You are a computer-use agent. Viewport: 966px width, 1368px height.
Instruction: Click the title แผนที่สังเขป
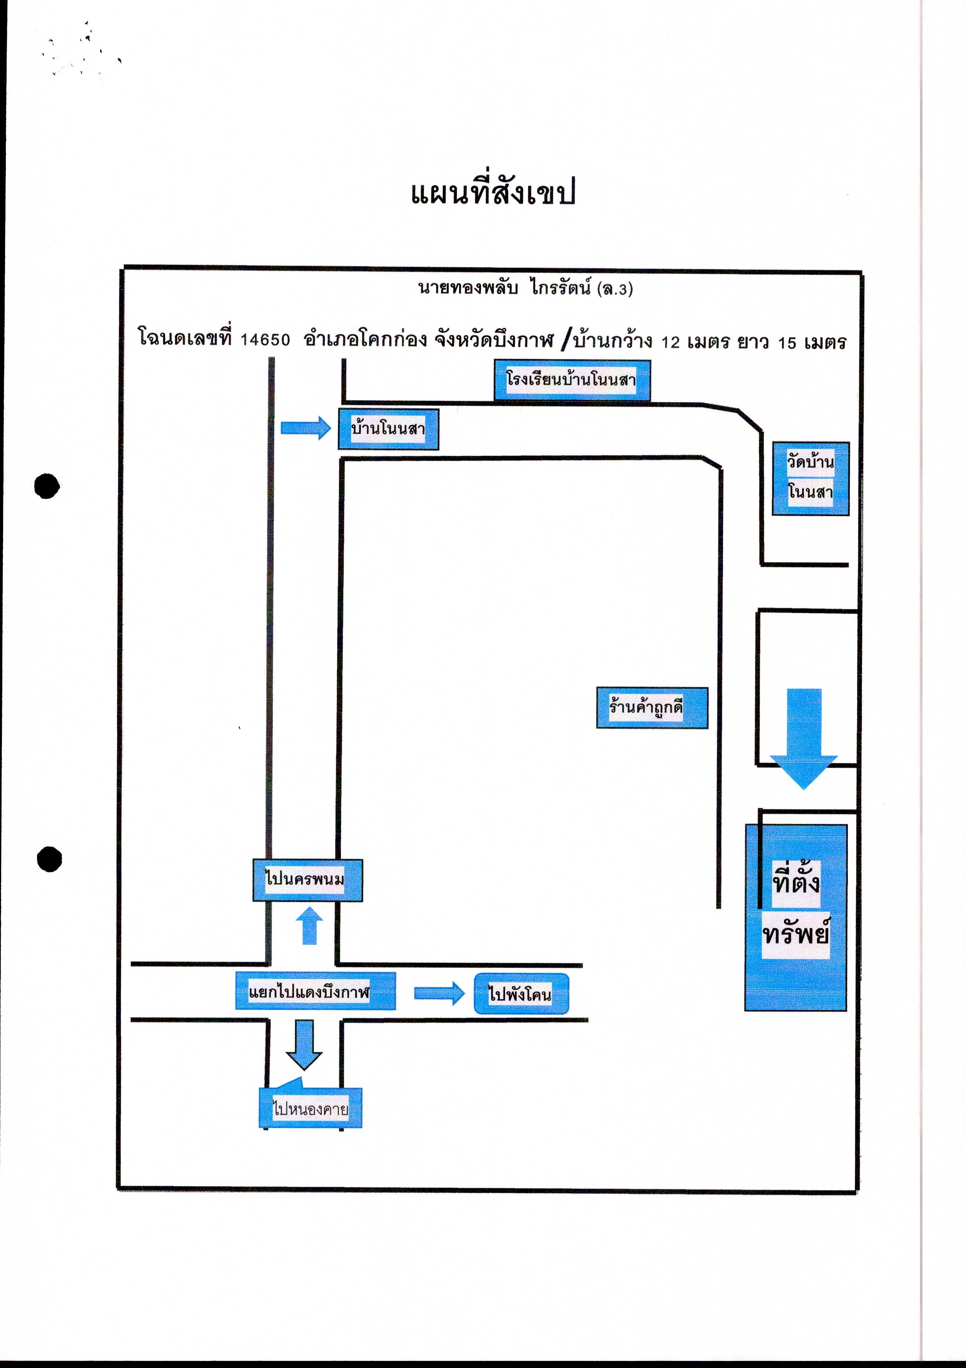pyautogui.click(x=493, y=192)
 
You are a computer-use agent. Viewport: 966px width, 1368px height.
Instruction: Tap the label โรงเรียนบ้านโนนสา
pyautogui.click(x=572, y=380)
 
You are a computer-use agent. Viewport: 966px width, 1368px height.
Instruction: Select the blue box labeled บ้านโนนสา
pyautogui.click(x=388, y=429)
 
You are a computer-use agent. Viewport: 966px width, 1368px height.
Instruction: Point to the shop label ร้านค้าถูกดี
pyautogui.click(x=652, y=708)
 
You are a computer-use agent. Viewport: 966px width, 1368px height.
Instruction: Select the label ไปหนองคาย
pyautogui.click(x=310, y=1108)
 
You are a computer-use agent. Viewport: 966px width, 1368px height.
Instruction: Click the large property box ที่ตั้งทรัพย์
pyautogui.click(x=796, y=917)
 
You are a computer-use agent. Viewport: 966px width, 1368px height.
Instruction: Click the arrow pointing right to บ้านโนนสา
pyautogui.click(x=306, y=428)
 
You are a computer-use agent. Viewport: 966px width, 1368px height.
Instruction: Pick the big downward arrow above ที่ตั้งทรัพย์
pyautogui.click(x=804, y=739)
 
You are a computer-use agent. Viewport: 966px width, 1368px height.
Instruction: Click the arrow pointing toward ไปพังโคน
pyautogui.click(x=439, y=993)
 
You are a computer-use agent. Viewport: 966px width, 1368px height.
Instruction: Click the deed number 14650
pyautogui.click(x=265, y=340)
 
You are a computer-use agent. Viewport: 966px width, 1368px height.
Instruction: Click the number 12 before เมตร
pyautogui.click(x=671, y=342)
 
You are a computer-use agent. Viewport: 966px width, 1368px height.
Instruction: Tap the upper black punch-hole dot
pyautogui.click(x=47, y=486)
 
